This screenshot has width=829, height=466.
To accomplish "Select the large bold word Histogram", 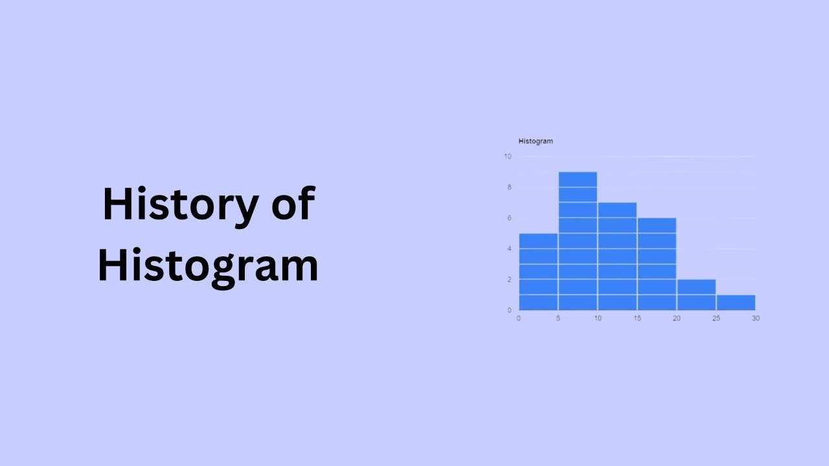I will (x=208, y=265).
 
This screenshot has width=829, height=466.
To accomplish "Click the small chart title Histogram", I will (x=536, y=141).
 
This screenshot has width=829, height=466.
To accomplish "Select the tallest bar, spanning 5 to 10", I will (x=578, y=241).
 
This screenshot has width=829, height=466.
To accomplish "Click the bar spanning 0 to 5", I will (x=538, y=272).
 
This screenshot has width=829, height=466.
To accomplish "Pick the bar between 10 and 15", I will (x=617, y=256).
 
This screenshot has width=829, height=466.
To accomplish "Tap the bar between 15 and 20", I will (x=657, y=264).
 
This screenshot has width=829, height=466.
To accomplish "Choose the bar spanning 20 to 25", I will (x=696, y=294).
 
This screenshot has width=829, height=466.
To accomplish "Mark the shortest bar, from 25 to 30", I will (x=736, y=302).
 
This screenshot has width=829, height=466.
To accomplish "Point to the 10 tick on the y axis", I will (x=508, y=157).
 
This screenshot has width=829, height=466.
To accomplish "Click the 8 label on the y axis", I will (x=509, y=187).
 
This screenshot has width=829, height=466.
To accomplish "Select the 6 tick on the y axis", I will (x=509, y=218).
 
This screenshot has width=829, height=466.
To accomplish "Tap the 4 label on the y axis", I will (x=509, y=249).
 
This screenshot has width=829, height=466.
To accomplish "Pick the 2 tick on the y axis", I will (x=509, y=280).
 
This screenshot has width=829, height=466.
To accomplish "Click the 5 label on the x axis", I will (x=558, y=318).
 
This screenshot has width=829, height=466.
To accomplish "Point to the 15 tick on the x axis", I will (x=637, y=318).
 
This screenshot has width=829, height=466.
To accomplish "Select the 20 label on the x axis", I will (x=677, y=318).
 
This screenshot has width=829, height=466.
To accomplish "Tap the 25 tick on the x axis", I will (x=716, y=318).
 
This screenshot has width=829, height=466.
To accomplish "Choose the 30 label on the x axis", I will (x=755, y=318).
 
